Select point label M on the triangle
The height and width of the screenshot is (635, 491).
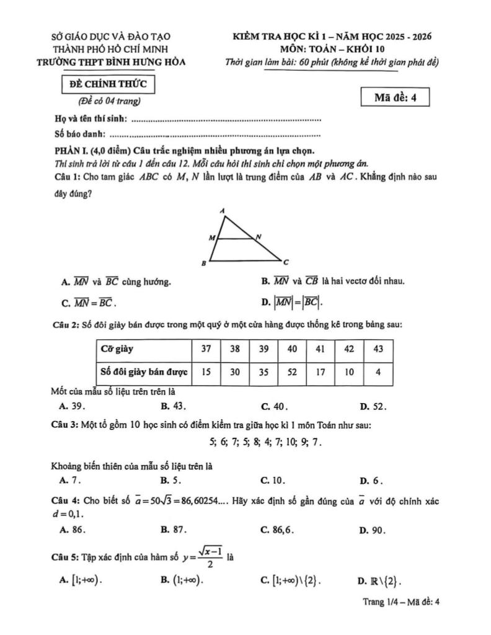coord(210,238)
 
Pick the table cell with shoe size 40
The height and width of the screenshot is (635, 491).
coord(292,349)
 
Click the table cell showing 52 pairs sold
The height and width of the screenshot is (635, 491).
coord(292,373)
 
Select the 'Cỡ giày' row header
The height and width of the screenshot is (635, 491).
coord(143,349)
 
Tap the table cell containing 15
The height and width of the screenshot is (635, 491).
coord(206,373)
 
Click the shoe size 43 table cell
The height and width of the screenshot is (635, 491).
coord(378,349)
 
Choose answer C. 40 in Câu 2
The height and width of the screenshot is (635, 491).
coord(273,407)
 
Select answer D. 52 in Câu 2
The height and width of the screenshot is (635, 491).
coord(373,407)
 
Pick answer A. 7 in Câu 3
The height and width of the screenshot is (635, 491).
coord(70,480)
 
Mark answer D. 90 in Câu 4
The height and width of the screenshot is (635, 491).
coord(373,530)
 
